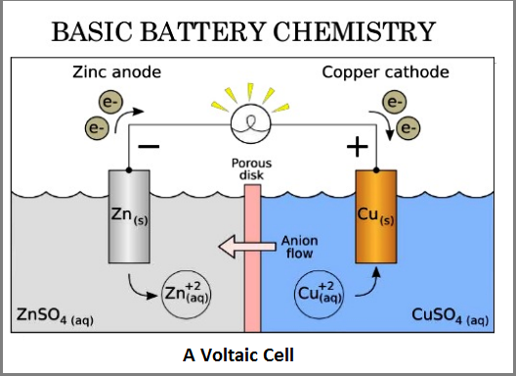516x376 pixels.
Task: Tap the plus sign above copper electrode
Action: pos(358,147)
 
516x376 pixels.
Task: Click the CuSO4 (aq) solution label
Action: pos(455,316)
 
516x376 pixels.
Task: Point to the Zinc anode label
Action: pos(114,72)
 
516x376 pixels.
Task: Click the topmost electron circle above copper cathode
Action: pos(395,101)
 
